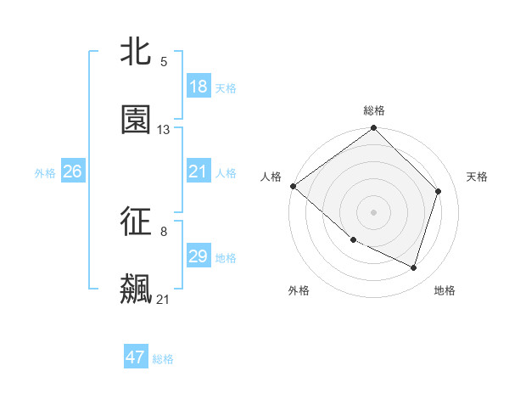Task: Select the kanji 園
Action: point(136,120)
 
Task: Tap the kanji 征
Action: point(136,222)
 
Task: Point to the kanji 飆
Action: point(136,289)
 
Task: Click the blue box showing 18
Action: point(198,87)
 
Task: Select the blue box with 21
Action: point(198,171)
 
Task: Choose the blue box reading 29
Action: point(198,256)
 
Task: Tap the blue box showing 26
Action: point(72,171)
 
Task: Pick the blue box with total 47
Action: point(136,357)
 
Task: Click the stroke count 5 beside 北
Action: point(164,62)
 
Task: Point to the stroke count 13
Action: point(164,130)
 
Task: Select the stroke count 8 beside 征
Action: point(164,231)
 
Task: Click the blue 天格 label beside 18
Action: point(226,87)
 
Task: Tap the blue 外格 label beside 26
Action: point(45,172)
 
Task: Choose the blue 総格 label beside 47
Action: point(163,359)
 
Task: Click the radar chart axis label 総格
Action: point(374,110)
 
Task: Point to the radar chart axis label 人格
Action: point(271,177)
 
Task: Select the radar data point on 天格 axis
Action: point(439,191)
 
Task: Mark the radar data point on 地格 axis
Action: point(414,268)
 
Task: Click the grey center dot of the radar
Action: point(374,211)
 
